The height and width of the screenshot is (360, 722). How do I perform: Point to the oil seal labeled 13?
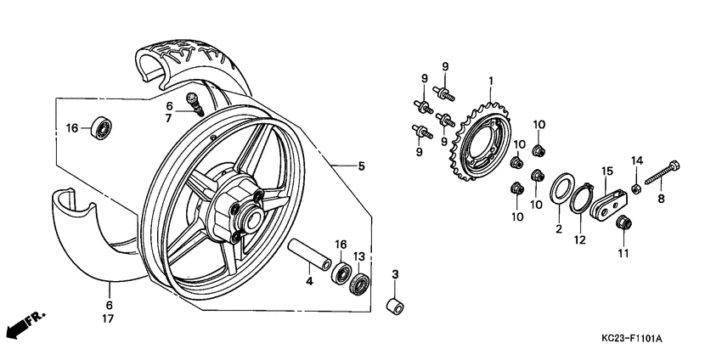[x=360, y=284]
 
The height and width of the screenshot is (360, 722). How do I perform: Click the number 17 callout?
[x=110, y=319]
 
